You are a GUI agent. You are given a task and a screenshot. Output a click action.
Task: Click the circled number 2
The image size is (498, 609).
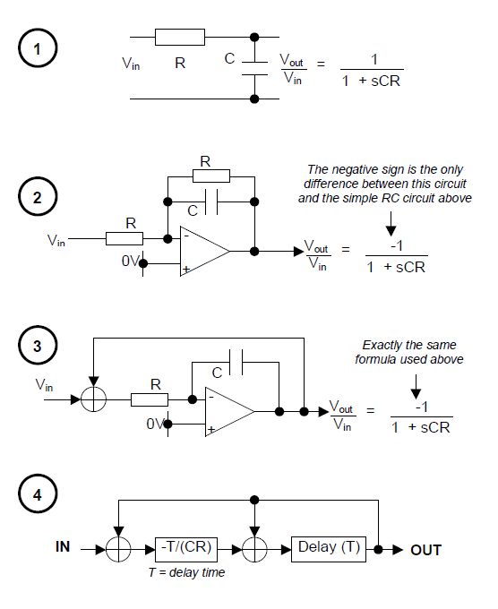coord(37,199)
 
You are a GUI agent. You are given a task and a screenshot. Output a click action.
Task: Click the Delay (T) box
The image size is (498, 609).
coord(328,548)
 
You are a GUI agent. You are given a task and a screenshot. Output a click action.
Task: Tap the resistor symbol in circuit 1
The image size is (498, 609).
coord(179,37)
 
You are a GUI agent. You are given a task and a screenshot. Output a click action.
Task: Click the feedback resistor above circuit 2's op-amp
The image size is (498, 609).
coord(210,176)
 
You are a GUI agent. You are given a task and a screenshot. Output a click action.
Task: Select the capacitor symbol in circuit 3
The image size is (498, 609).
coord(235,363)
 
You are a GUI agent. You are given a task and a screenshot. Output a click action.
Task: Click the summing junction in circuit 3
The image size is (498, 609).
coord(93,397)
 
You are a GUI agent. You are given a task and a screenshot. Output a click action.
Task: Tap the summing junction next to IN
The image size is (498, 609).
coord(117,548)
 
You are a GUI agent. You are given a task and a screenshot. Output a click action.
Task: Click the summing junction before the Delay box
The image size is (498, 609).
coord(256,548)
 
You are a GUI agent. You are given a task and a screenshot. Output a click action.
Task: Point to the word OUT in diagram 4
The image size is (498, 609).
coord(425,549)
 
